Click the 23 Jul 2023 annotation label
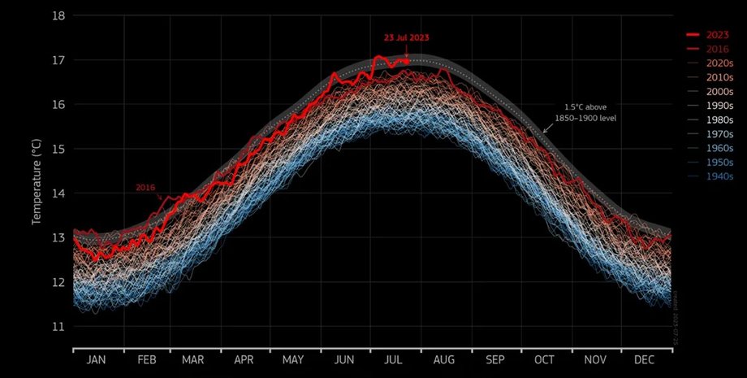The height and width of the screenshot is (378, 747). pos(408,38)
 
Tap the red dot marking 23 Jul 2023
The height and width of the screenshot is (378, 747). pos(405,60)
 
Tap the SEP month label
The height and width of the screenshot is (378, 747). pos(495,359)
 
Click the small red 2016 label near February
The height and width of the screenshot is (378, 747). pos(145,188)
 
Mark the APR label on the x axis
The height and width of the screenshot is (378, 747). pos(245,359)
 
